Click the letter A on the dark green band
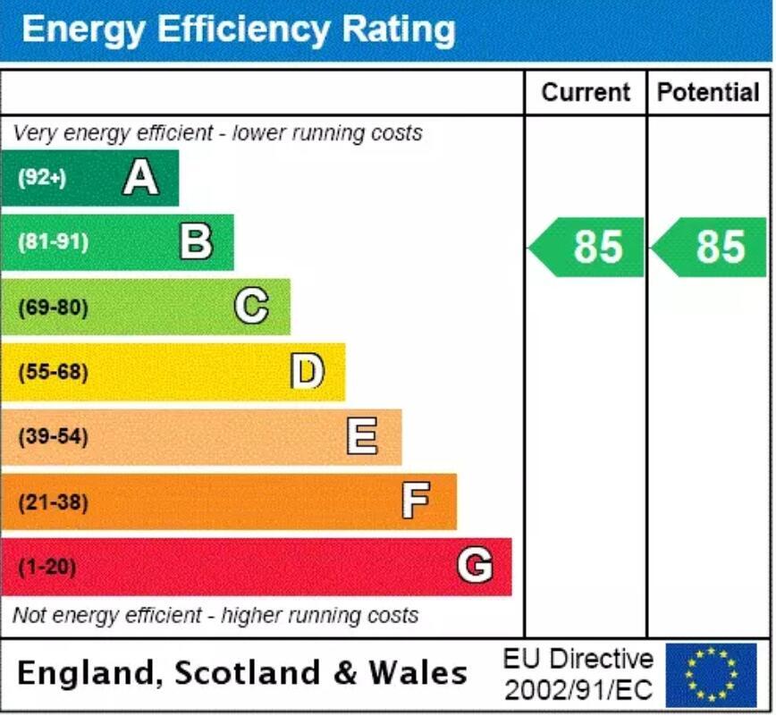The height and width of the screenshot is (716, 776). coord(140,177)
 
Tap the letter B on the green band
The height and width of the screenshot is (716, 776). coord(196,241)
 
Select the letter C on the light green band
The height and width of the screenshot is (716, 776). coord(251,307)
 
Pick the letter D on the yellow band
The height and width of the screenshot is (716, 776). coord(307,372)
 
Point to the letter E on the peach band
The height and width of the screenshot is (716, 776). coord(362,437)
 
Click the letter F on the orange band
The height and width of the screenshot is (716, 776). coord(416,501)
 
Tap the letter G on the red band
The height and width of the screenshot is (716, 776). coord(474,566)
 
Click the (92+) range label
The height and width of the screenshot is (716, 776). coord(42,177)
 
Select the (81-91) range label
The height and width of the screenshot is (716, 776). coord(54,242)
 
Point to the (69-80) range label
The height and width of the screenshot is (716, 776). coord(54,307)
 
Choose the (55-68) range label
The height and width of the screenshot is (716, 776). coord(54,372)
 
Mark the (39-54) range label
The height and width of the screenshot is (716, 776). coord(54,437)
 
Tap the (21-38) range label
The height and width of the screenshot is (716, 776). coord(54,502)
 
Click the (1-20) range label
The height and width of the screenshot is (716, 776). coord(47,567)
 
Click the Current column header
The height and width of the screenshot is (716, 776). coord(586,92)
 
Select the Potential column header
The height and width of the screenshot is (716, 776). coord(708,92)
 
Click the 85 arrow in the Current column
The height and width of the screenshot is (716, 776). coord(588,247)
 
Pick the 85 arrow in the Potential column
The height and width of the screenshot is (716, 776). coord(710,247)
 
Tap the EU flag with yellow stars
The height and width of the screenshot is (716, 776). coord(711,675)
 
